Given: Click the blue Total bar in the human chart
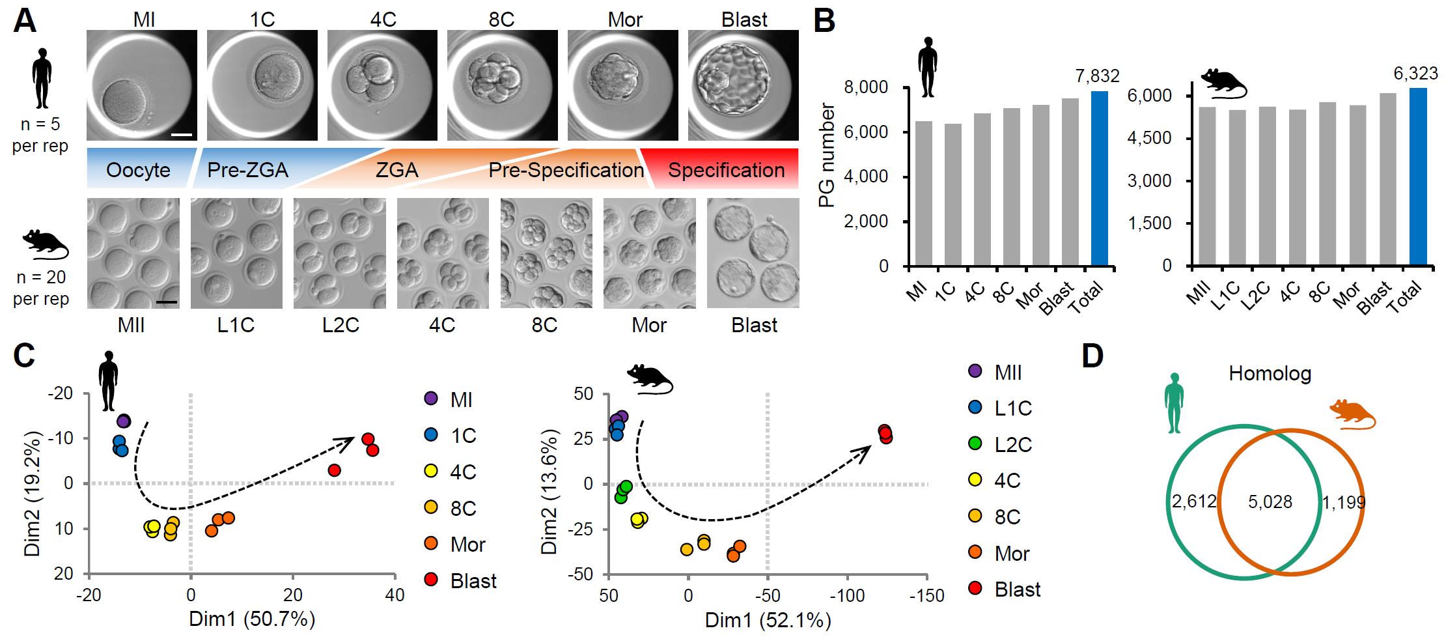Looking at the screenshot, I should click(x=1099, y=178).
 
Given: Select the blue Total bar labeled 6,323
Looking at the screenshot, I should click(x=1418, y=177).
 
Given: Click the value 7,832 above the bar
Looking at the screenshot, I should click(x=1097, y=76).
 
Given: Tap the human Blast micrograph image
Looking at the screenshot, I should click(x=744, y=85).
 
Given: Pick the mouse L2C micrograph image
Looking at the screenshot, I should click(x=339, y=253).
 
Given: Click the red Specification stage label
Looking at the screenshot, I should click(x=726, y=171).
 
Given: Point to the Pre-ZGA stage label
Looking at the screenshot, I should click(x=247, y=171).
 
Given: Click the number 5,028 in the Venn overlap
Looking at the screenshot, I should click(x=1270, y=502).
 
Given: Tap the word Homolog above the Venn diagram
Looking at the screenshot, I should click(x=1270, y=374).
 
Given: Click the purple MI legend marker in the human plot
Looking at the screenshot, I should click(x=430, y=399).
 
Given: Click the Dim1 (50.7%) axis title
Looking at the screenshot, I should click(x=252, y=618).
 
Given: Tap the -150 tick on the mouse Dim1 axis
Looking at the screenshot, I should click(x=926, y=596).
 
